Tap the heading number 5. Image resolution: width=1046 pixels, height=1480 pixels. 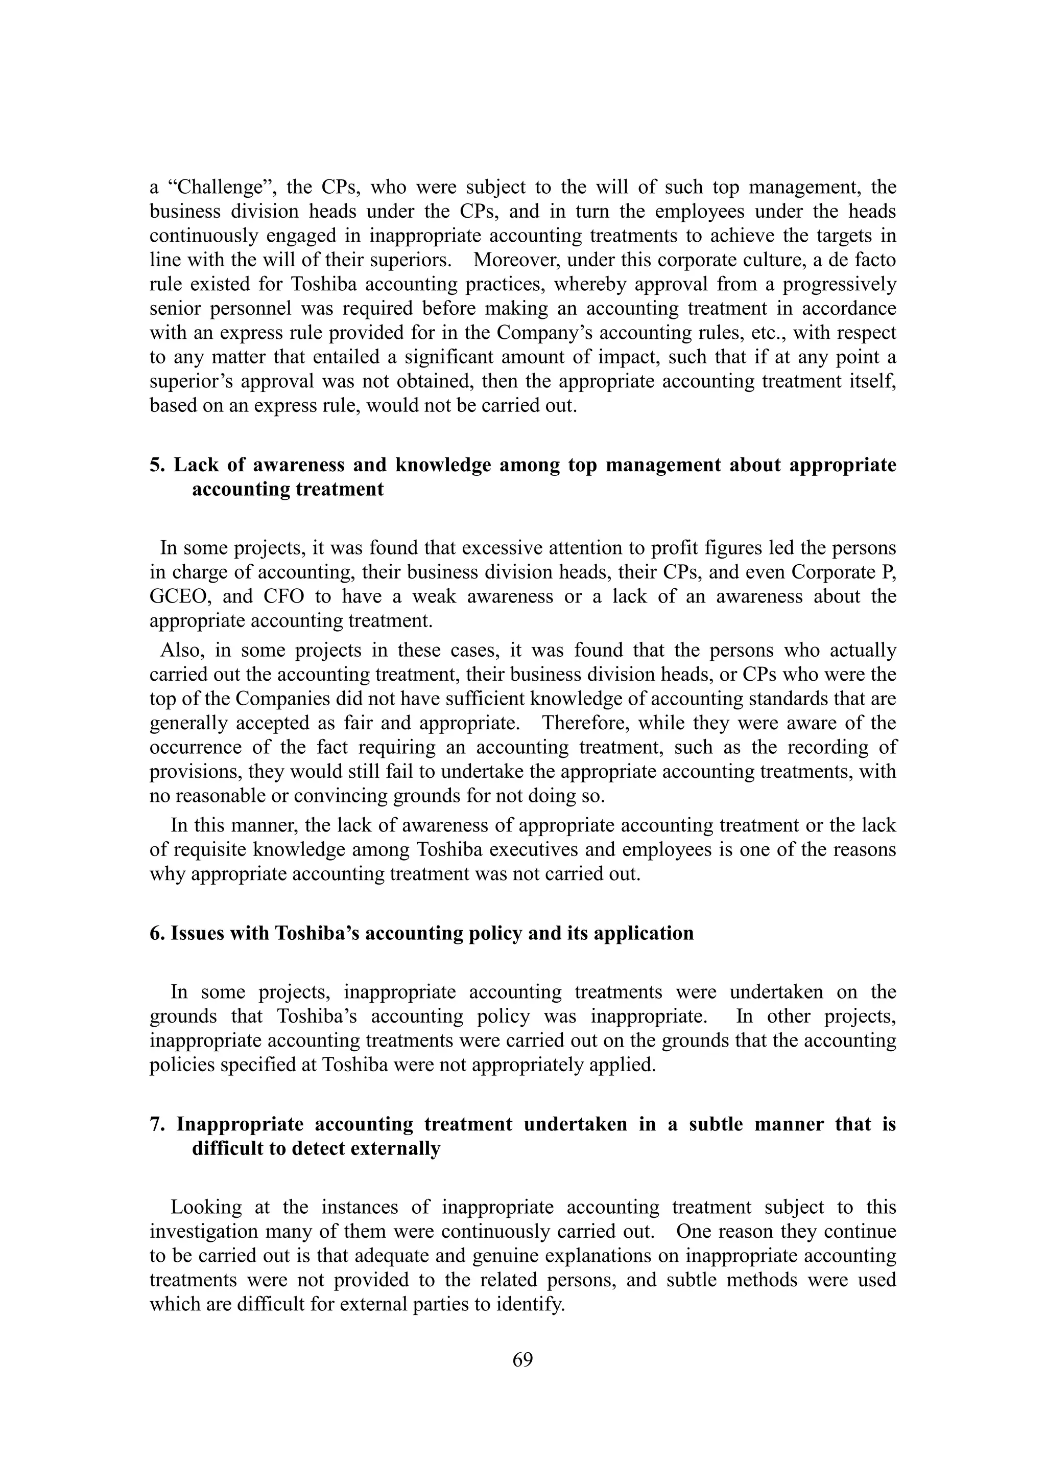pyautogui.click(x=156, y=466)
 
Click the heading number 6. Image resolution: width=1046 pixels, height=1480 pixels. pyautogui.click(x=156, y=933)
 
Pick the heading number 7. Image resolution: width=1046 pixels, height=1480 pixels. pyautogui.click(x=156, y=1124)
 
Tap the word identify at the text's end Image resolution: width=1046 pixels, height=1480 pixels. pyautogui.click(x=533, y=1305)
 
